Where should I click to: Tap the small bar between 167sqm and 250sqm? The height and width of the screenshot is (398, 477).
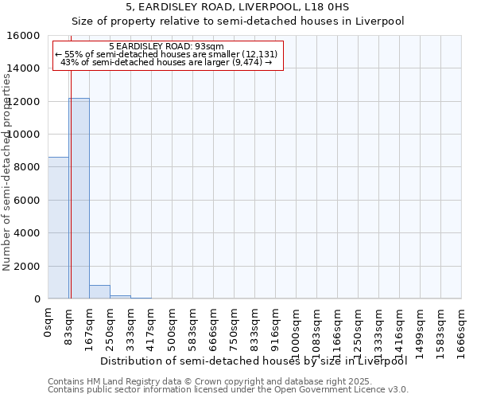(99, 291)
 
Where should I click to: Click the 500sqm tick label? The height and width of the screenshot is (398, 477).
(173, 327)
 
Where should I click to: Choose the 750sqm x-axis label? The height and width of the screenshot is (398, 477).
(235, 327)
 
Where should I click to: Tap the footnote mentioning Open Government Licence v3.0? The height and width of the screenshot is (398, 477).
(228, 390)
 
